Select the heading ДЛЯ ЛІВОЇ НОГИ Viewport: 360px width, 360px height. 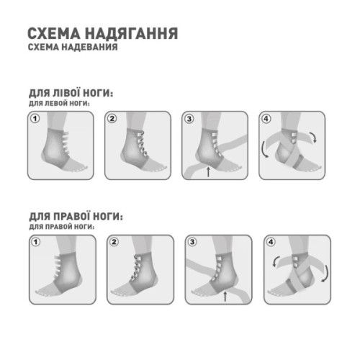[x=70, y=95]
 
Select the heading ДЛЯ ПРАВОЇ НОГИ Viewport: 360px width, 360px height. [x=75, y=217]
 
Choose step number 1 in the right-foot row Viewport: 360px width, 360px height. [x=34, y=241]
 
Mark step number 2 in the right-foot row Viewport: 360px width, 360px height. [x=112, y=241]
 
